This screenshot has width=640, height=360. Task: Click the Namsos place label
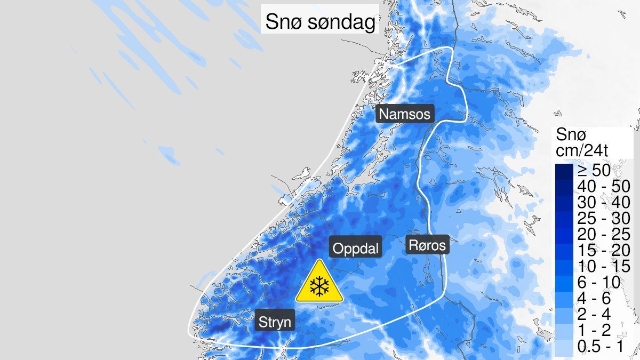coord(404,114)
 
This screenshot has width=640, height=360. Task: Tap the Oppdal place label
coord(355,249)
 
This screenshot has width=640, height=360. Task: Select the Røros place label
coord(427,245)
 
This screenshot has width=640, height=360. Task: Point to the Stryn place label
coord(275,322)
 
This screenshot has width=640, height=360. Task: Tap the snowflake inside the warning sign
coord(319,287)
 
